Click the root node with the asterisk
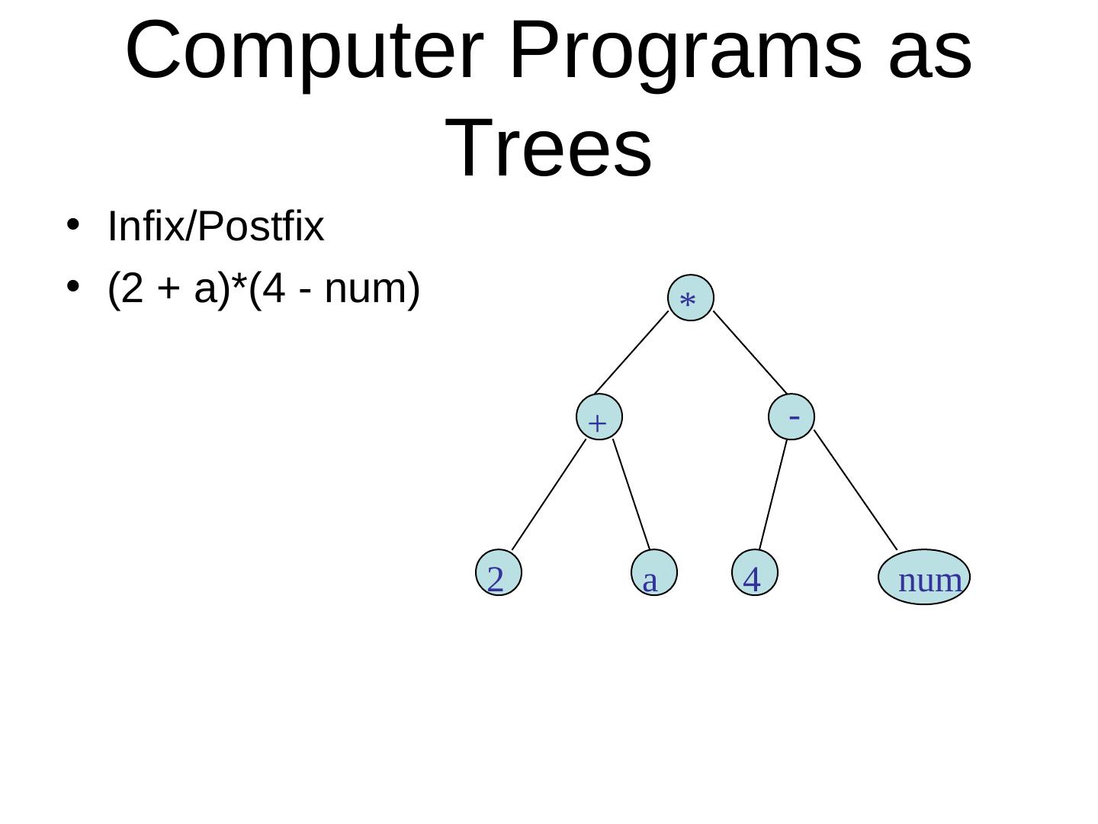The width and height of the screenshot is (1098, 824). pyautogui.click(x=690, y=298)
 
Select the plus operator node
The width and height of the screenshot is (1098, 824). pyautogui.click(x=599, y=417)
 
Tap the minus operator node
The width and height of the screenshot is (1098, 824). pyautogui.click(x=792, y=417)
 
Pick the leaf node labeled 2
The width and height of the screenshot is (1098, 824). pyautogui.click(x=498, y=573)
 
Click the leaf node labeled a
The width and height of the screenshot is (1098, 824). pyautogui.click(x=654, y=573)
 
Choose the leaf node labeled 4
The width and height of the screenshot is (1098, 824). pyautogui.click(x=754, y=573)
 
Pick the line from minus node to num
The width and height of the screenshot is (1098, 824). pyautogui.click(x=856, y=489)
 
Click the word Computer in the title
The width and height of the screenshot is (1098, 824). pyautogui.click(x=304, y=52)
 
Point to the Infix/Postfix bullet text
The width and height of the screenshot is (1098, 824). pyautogui.click(x=216, y=227)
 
